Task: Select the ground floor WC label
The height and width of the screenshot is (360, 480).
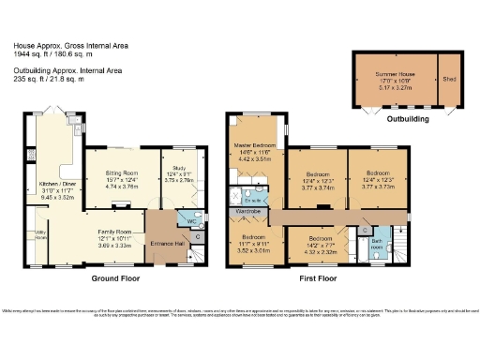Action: point(191,221)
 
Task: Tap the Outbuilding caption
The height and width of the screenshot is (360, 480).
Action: point(408,120)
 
